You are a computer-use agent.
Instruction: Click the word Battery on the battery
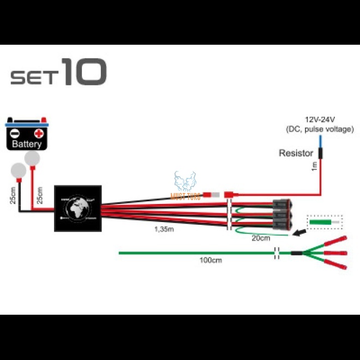click(26, 145)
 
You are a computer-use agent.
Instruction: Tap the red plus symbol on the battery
click(39, 133)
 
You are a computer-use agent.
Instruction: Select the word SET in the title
click(34, 77)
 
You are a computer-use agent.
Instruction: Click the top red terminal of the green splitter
click(334, 241)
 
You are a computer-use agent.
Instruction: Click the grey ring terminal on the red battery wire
click(32, 159)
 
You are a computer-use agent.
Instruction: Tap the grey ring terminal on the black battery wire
click(19, 170)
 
